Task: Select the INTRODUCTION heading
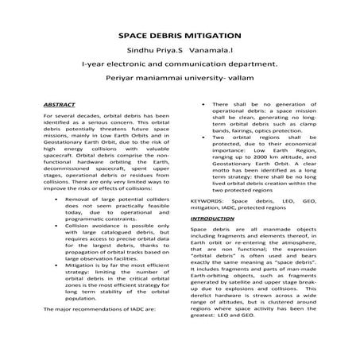coord(212,218)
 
